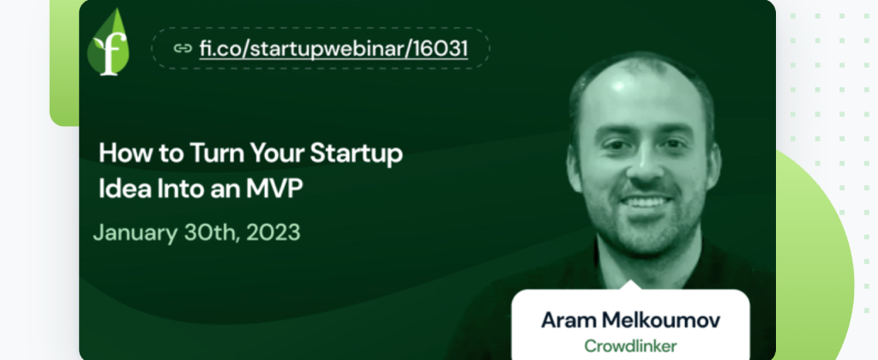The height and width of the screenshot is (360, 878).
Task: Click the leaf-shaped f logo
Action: [108, 43]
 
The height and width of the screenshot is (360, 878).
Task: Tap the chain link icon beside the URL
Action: [183, 49]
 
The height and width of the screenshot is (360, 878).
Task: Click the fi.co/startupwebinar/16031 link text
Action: [334, 49]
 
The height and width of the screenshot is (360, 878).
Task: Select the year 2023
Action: [274, 232]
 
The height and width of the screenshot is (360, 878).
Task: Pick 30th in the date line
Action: [211, 232]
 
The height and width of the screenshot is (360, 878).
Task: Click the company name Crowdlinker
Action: [630, 346]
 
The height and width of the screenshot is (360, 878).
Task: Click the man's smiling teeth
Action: [646, 201]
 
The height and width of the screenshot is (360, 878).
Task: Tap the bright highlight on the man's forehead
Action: [619, 87]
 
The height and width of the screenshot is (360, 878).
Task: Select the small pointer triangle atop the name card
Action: [631, 285]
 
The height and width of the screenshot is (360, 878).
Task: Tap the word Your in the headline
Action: [277, 153]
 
